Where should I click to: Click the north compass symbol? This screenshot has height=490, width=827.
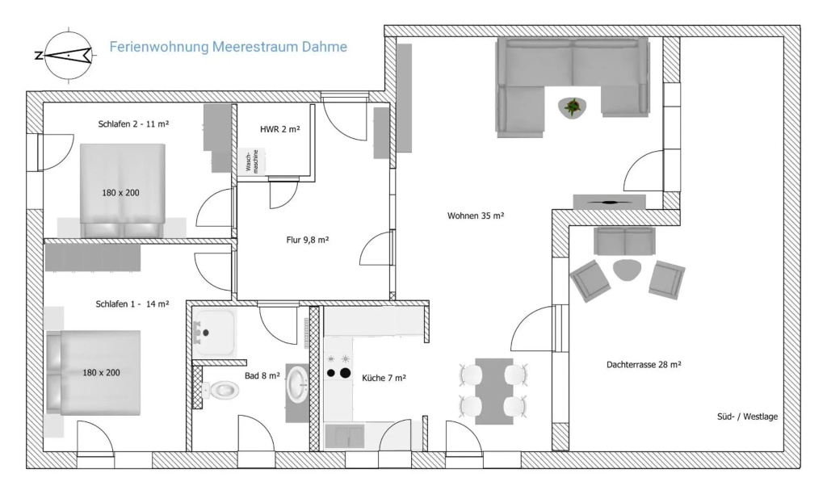[68, 55]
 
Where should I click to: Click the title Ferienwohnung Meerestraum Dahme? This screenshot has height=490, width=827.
[228, 47]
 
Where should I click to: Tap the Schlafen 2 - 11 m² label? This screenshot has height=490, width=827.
[133, 124]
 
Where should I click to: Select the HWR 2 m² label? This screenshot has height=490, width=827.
[280, 129]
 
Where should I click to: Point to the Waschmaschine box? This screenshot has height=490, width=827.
[252, 161]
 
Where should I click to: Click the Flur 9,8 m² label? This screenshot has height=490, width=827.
[308, 240]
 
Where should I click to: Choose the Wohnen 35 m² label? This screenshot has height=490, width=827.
[476, 216]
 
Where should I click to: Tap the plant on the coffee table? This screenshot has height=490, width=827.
[572, 107]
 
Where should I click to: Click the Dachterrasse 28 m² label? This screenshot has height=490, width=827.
[644, 364]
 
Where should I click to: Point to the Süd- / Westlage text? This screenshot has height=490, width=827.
[747, 417]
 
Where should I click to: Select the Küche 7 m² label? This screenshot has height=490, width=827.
[384, 378]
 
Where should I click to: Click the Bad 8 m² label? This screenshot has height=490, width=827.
[262, 376]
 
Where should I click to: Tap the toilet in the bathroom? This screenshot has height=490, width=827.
[220, 391]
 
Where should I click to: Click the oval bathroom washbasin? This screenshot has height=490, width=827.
[298, 384]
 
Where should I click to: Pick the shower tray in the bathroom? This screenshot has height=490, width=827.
[215, 333]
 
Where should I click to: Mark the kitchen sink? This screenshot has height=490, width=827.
[344, 436]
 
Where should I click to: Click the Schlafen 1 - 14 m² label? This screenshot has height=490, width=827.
[132, 304]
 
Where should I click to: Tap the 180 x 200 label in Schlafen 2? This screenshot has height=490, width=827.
[121, 193]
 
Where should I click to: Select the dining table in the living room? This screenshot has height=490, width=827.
[494, 391]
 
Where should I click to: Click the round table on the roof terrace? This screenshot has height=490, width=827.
[627, 270]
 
